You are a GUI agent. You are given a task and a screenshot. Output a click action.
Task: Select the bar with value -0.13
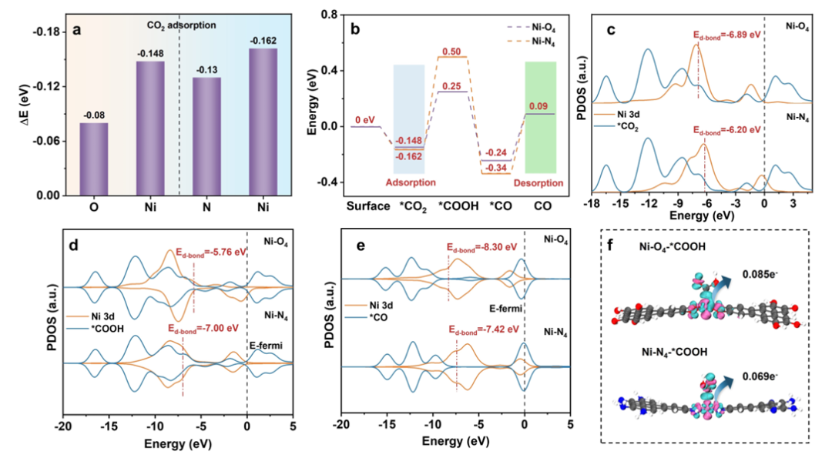click(x=206, y=136)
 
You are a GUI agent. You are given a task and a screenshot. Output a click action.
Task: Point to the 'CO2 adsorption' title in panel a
click(x=181, y=25)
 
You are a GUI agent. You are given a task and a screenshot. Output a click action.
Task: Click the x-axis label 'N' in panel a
click(x=206, y=207)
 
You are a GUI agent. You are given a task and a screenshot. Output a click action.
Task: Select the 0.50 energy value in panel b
click(x=451, y=52)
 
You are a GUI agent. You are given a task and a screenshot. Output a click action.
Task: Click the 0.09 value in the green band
click(x=539, y=106)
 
